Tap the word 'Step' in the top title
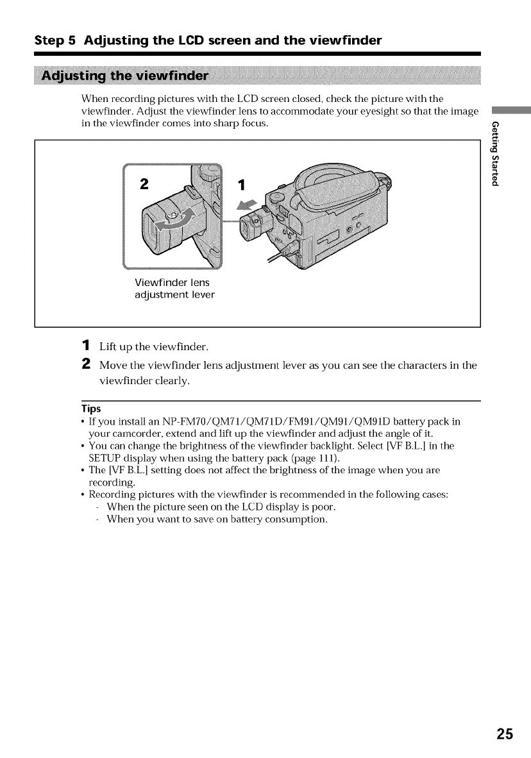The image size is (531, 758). pos(48,41)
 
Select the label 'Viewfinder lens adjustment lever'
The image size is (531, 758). pos(174,289)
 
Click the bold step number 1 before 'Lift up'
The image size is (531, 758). pos(87,347)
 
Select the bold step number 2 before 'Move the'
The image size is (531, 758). pos(87,366)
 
